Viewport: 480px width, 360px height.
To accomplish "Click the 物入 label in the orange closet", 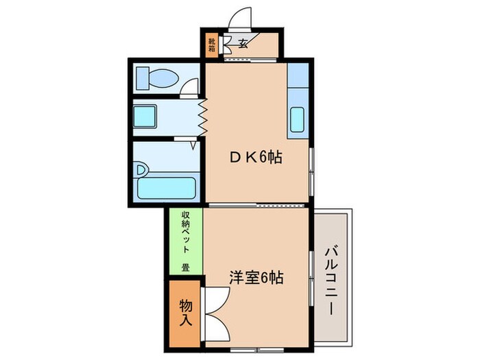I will pos(185,311).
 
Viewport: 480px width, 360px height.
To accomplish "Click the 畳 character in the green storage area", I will pos(185,267).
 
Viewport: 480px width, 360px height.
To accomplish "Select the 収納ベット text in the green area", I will pos(185,232).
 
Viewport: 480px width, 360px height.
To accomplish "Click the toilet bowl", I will pos(160,78).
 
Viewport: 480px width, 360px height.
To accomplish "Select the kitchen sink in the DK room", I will pos(298,121).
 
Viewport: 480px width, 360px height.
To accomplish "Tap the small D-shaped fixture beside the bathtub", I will pos(141,168).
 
